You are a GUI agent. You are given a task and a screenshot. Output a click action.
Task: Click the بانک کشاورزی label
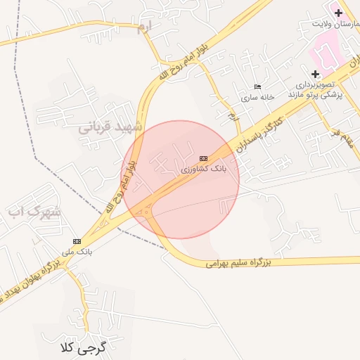tap(204, 170)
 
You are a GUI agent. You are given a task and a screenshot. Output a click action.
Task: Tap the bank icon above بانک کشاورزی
tap(203, 158)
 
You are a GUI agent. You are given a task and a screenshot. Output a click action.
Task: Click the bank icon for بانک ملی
tap(77, 241)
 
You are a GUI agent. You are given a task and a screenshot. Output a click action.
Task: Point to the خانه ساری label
tap(256, 98)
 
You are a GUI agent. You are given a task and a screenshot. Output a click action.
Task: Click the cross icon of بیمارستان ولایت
tap(338, 13)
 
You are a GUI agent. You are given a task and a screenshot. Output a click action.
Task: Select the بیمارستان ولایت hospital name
tap(336, 25)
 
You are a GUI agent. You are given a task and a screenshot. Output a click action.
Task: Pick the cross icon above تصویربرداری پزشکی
tap(315, 74)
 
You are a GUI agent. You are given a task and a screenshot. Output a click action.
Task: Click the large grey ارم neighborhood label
tap(143, 27)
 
